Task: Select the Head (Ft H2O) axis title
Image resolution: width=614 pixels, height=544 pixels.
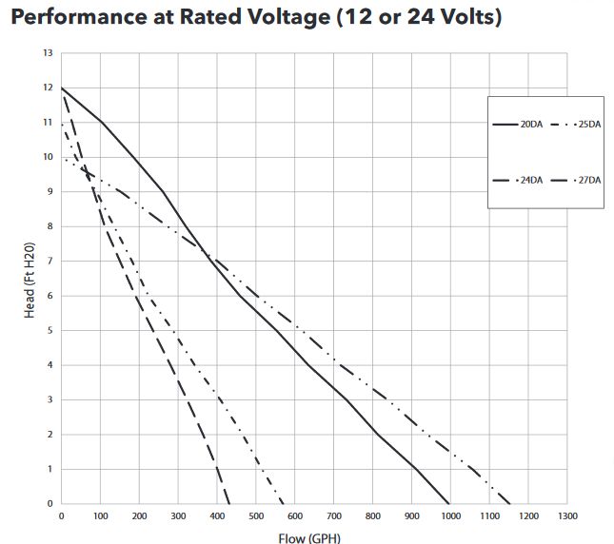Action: [x=30, y=278]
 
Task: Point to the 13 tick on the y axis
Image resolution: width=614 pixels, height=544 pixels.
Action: [x=48, y=53]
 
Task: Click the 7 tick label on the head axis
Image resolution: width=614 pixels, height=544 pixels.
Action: [x=50, y=262]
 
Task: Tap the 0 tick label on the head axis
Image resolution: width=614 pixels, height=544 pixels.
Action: [x=50, y=504]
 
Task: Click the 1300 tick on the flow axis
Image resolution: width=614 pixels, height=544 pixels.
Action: [x=566, y=516]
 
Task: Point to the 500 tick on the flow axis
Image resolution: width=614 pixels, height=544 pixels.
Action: [x=256, y=516]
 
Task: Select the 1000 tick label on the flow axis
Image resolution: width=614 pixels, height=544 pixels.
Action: [x=450, y=516]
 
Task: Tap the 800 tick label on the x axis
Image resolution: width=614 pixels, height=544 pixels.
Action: [x=372, y=516]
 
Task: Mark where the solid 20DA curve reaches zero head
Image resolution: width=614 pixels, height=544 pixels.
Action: [x=449, y=504]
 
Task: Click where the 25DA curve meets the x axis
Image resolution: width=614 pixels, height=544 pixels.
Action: [x=510, y=504]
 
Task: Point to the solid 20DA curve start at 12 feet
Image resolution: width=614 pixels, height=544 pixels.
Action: [x=62, y=88]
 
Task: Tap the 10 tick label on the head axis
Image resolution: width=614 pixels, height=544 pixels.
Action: [x=48, y=157]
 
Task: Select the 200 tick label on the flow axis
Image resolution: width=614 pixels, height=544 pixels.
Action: [x=139, y=516]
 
